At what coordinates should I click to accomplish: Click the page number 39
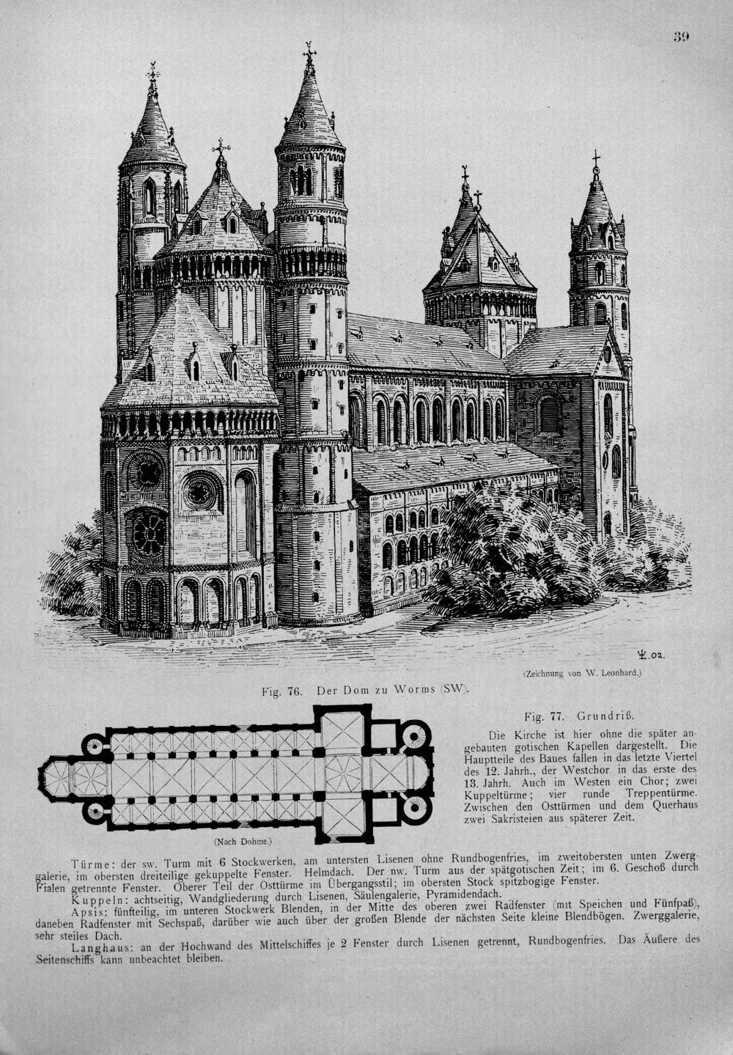pyautogui.click(x=681, y=37)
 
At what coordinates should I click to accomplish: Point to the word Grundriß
pyautogui.click(x=605, y=716)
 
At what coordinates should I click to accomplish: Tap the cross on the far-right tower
pyautogui.click(x=596, y=158)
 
